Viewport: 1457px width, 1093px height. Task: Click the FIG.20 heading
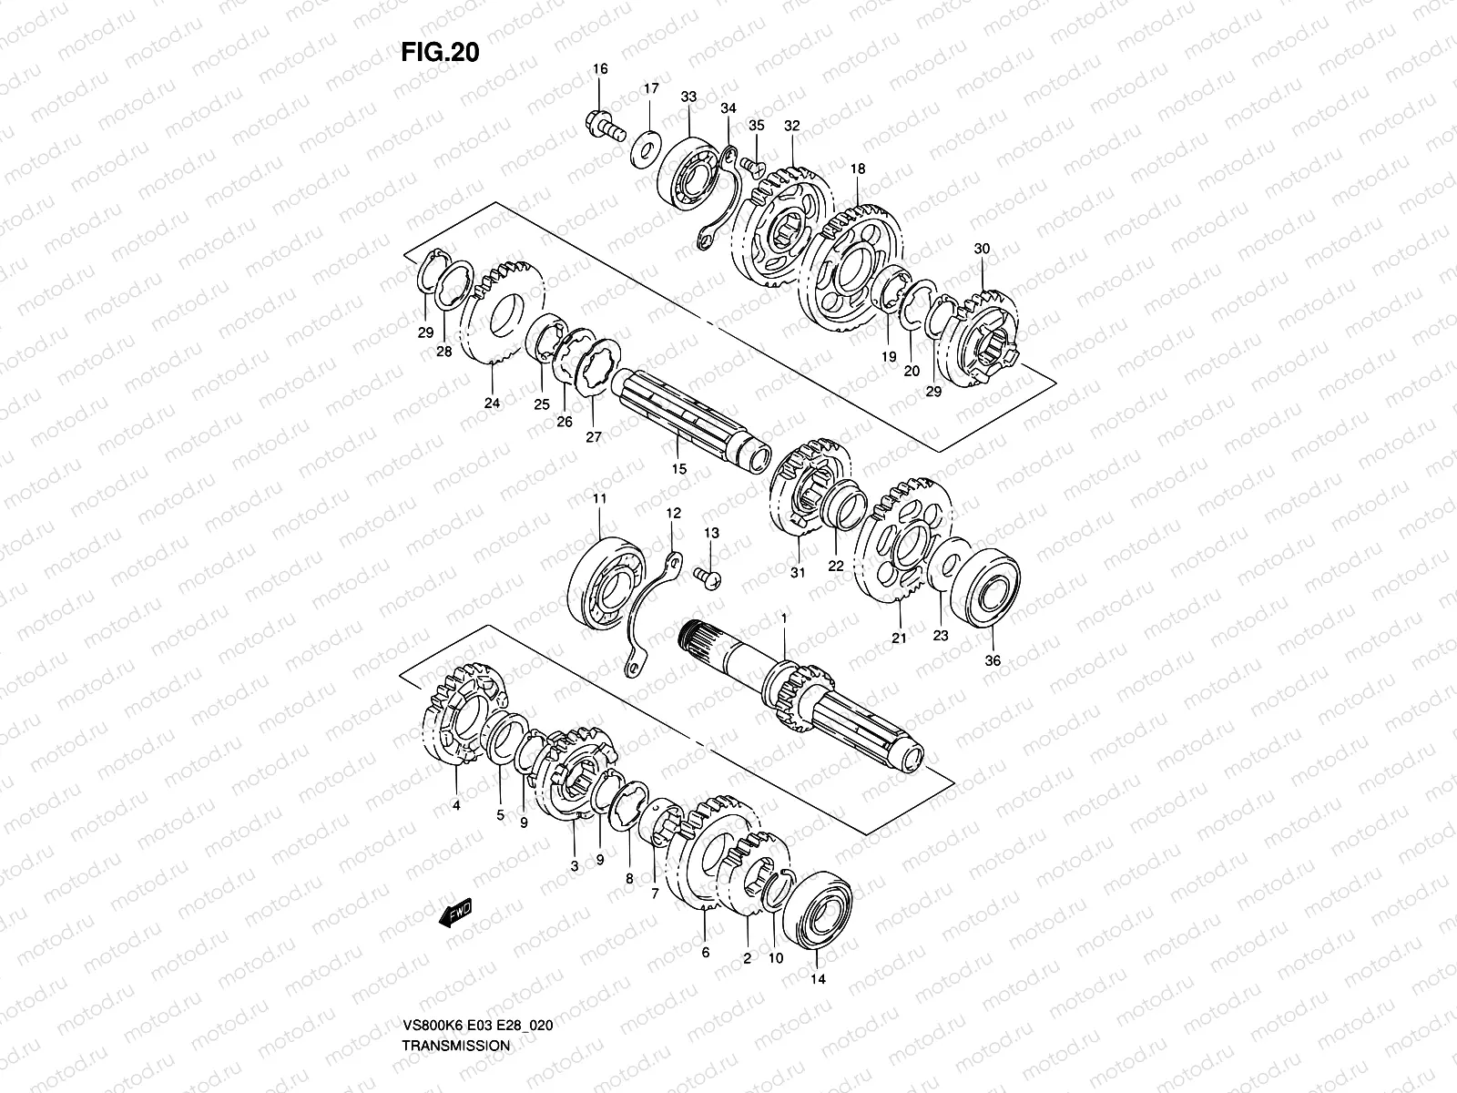point(440,52)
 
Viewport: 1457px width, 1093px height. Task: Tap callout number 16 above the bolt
point(600,69)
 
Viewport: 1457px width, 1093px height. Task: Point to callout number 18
point(858,169)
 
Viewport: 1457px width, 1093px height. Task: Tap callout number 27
point(594,437)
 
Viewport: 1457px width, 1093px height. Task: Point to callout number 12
point(673,514)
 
